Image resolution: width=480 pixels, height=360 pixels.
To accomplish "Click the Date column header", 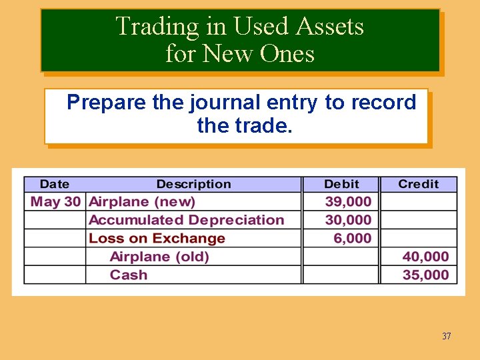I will click(54, 184).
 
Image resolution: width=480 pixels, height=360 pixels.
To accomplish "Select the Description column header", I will click(193, 184).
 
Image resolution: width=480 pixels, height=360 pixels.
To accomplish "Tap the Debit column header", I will click(341, 184).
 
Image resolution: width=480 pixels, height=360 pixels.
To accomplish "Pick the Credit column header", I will click(418, 184).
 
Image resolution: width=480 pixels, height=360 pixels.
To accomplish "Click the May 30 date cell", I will click(55, 201).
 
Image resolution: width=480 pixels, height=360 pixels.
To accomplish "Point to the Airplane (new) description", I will click(142, 201).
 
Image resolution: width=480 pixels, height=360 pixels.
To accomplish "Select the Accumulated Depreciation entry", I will click(186, 220).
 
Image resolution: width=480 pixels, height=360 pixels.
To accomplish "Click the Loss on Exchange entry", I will click(157, 238).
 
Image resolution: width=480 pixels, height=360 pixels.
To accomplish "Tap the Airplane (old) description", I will click(159, 257).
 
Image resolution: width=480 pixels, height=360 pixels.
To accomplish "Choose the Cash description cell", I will click(129, 275).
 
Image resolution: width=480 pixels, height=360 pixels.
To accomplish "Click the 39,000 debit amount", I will click(348, 201).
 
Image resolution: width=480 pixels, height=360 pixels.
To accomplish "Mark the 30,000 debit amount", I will click(348, 220).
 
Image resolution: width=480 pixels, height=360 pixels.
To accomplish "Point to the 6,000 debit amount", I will click(353, 238).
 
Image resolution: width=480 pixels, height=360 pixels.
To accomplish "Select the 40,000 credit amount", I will click(425, 257).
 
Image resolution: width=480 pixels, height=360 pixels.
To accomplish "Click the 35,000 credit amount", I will click(425, 275).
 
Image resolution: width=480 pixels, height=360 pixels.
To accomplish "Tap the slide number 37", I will click(446, 336).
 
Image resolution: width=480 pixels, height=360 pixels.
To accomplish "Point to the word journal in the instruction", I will click(223, 103).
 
